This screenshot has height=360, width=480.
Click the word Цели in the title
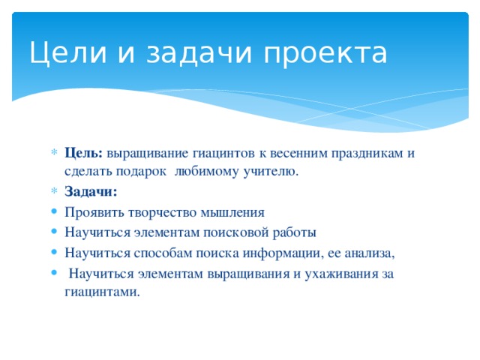coord(61,52)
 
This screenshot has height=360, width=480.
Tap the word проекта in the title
coord(326,54)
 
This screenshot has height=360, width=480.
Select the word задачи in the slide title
coord(195,54)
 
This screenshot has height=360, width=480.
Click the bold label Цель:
coord(84,153)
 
